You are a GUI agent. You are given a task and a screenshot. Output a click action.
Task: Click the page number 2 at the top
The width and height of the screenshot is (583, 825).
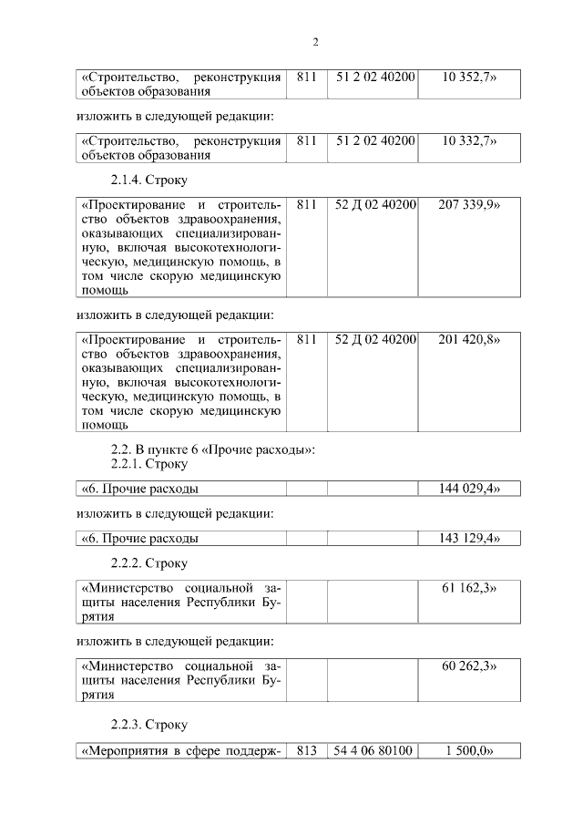tap(315, 41)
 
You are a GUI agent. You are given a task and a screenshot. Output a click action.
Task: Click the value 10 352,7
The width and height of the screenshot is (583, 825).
tap(469, 77)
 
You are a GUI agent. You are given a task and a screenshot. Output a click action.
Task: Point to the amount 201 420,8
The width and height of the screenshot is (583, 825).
tap(469, 339)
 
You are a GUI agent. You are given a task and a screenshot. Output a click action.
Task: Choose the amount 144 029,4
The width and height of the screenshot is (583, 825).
tap(469, 489)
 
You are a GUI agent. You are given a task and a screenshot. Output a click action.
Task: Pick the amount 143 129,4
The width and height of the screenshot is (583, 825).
tap(469, 538)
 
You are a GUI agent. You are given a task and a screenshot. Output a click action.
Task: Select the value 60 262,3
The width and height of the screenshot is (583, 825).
tap(469, 666)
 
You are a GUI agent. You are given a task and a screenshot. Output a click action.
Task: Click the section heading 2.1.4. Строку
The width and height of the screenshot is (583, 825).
tap(148, 180)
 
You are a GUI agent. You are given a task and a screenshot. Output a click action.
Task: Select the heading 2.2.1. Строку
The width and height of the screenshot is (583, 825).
tap(148, 464)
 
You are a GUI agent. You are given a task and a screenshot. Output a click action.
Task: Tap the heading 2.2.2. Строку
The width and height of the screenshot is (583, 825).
tap(148, 562)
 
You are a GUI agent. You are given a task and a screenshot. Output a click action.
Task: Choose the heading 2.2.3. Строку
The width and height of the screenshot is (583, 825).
tap(148, 724)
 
